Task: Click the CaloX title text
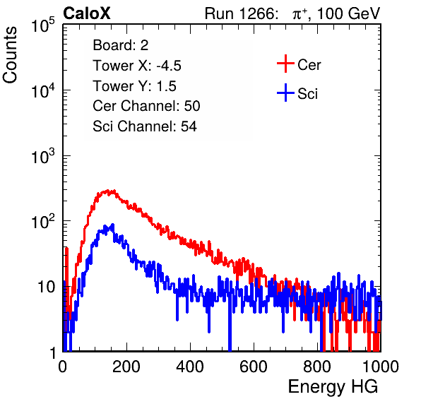87,13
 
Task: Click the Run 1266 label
241,13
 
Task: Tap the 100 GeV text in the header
349,13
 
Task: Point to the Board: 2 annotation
121,45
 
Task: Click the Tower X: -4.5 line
137,66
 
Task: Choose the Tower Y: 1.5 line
134,86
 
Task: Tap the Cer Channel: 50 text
146,106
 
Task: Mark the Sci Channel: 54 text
145,126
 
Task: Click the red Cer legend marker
285,64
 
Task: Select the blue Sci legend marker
285,93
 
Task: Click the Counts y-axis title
10,55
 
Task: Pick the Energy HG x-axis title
333,387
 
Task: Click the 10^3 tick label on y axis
43,156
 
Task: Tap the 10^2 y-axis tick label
43,222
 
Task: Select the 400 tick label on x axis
190,367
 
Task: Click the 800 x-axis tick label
317,367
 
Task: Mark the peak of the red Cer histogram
107,190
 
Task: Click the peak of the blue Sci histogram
113,225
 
